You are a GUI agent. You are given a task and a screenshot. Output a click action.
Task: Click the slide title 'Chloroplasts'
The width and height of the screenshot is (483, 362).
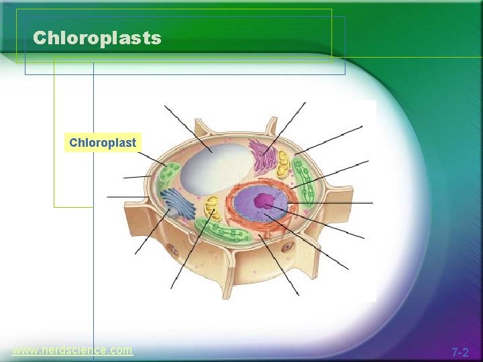click(97, 38)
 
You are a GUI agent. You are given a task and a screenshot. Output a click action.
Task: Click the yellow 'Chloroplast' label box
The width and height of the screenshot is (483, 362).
click(103, 143)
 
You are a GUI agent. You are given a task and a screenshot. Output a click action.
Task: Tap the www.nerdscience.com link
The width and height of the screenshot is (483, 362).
click(72, 350)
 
